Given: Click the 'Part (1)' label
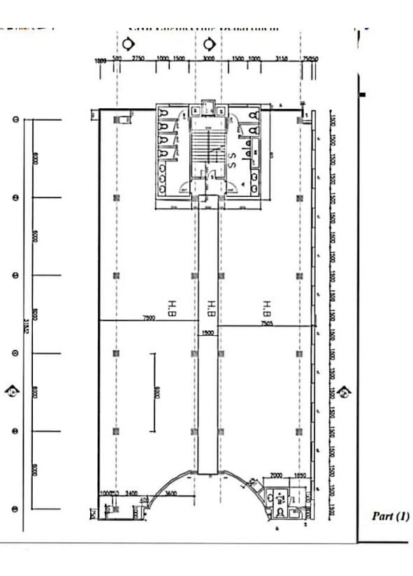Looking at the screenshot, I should (391, 517).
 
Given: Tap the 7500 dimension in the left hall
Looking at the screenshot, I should (148, 317).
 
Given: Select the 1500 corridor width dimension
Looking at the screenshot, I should (208, 333).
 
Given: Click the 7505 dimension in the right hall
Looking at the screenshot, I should (266, 323).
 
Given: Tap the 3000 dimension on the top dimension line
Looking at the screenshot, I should (208, 59).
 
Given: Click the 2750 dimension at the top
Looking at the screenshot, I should (138, 59).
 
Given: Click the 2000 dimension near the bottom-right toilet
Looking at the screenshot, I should (276, 474).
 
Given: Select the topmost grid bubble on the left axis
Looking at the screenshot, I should (15, 119).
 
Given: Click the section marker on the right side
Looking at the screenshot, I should (343, 392).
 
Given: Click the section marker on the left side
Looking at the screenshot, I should (13, 391).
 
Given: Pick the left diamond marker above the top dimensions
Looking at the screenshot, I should (131, 43).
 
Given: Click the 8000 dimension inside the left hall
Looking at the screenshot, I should (159, 392).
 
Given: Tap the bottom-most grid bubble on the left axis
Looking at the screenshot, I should (15, 508).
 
